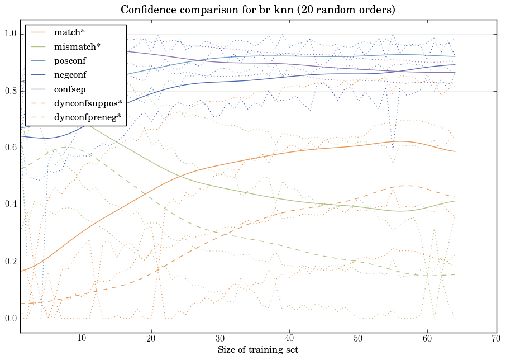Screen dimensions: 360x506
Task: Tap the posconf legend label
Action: click(x=70, y=60)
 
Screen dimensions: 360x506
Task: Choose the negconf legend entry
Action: click(x=70, y=75)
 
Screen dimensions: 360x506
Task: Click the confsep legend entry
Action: click(x=69, y=89)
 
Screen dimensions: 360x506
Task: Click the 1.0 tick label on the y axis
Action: click(x=11, y=35)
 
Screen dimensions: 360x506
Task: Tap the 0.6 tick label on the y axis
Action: click(x=11, y=148)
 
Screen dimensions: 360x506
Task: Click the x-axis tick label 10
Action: click(x=82, y=339)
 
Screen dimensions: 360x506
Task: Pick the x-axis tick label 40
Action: click(x=289, y=339)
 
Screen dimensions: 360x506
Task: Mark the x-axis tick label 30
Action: click(x=220, y=339)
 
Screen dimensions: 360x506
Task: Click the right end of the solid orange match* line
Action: click(x=455, y=151)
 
